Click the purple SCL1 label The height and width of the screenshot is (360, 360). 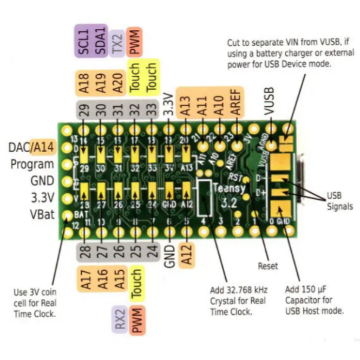(84, 41)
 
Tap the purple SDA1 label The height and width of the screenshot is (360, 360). (101, 41)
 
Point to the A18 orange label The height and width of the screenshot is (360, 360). (84, 82)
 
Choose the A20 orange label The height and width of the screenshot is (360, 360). (117, 82)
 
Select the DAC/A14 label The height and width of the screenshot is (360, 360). (31, 147)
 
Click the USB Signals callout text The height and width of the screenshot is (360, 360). (339, 201)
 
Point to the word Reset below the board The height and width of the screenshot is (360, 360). (267, 266)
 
